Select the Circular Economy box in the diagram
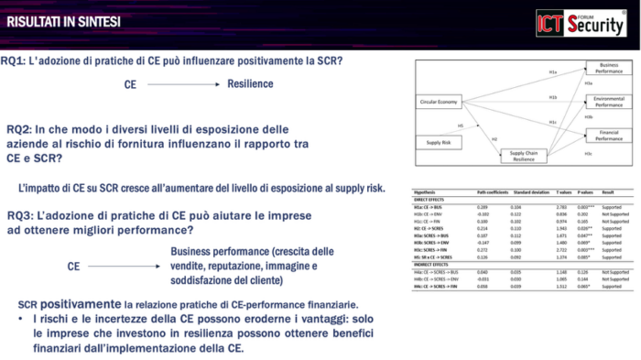[440, 101]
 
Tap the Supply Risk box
[434, 143]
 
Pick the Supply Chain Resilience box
[525, 155]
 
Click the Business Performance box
[608, 69]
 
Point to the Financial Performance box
[608, 136]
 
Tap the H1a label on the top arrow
[552, 71]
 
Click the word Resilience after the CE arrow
[250, 84]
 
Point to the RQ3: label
[19, 216]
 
